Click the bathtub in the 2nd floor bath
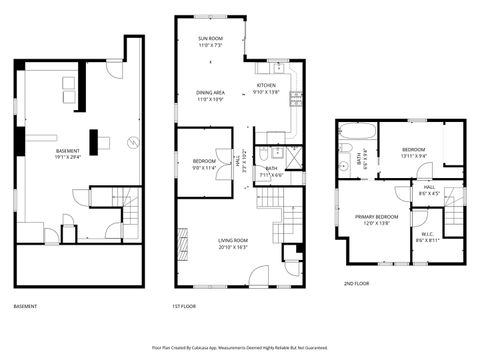[356, 131]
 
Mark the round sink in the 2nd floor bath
[345, 167]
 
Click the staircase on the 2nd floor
[455, 209]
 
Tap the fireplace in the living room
[182, 243]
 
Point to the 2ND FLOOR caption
[357, 283]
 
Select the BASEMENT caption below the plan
[26, 307]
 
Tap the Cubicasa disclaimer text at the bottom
[239, 348]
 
